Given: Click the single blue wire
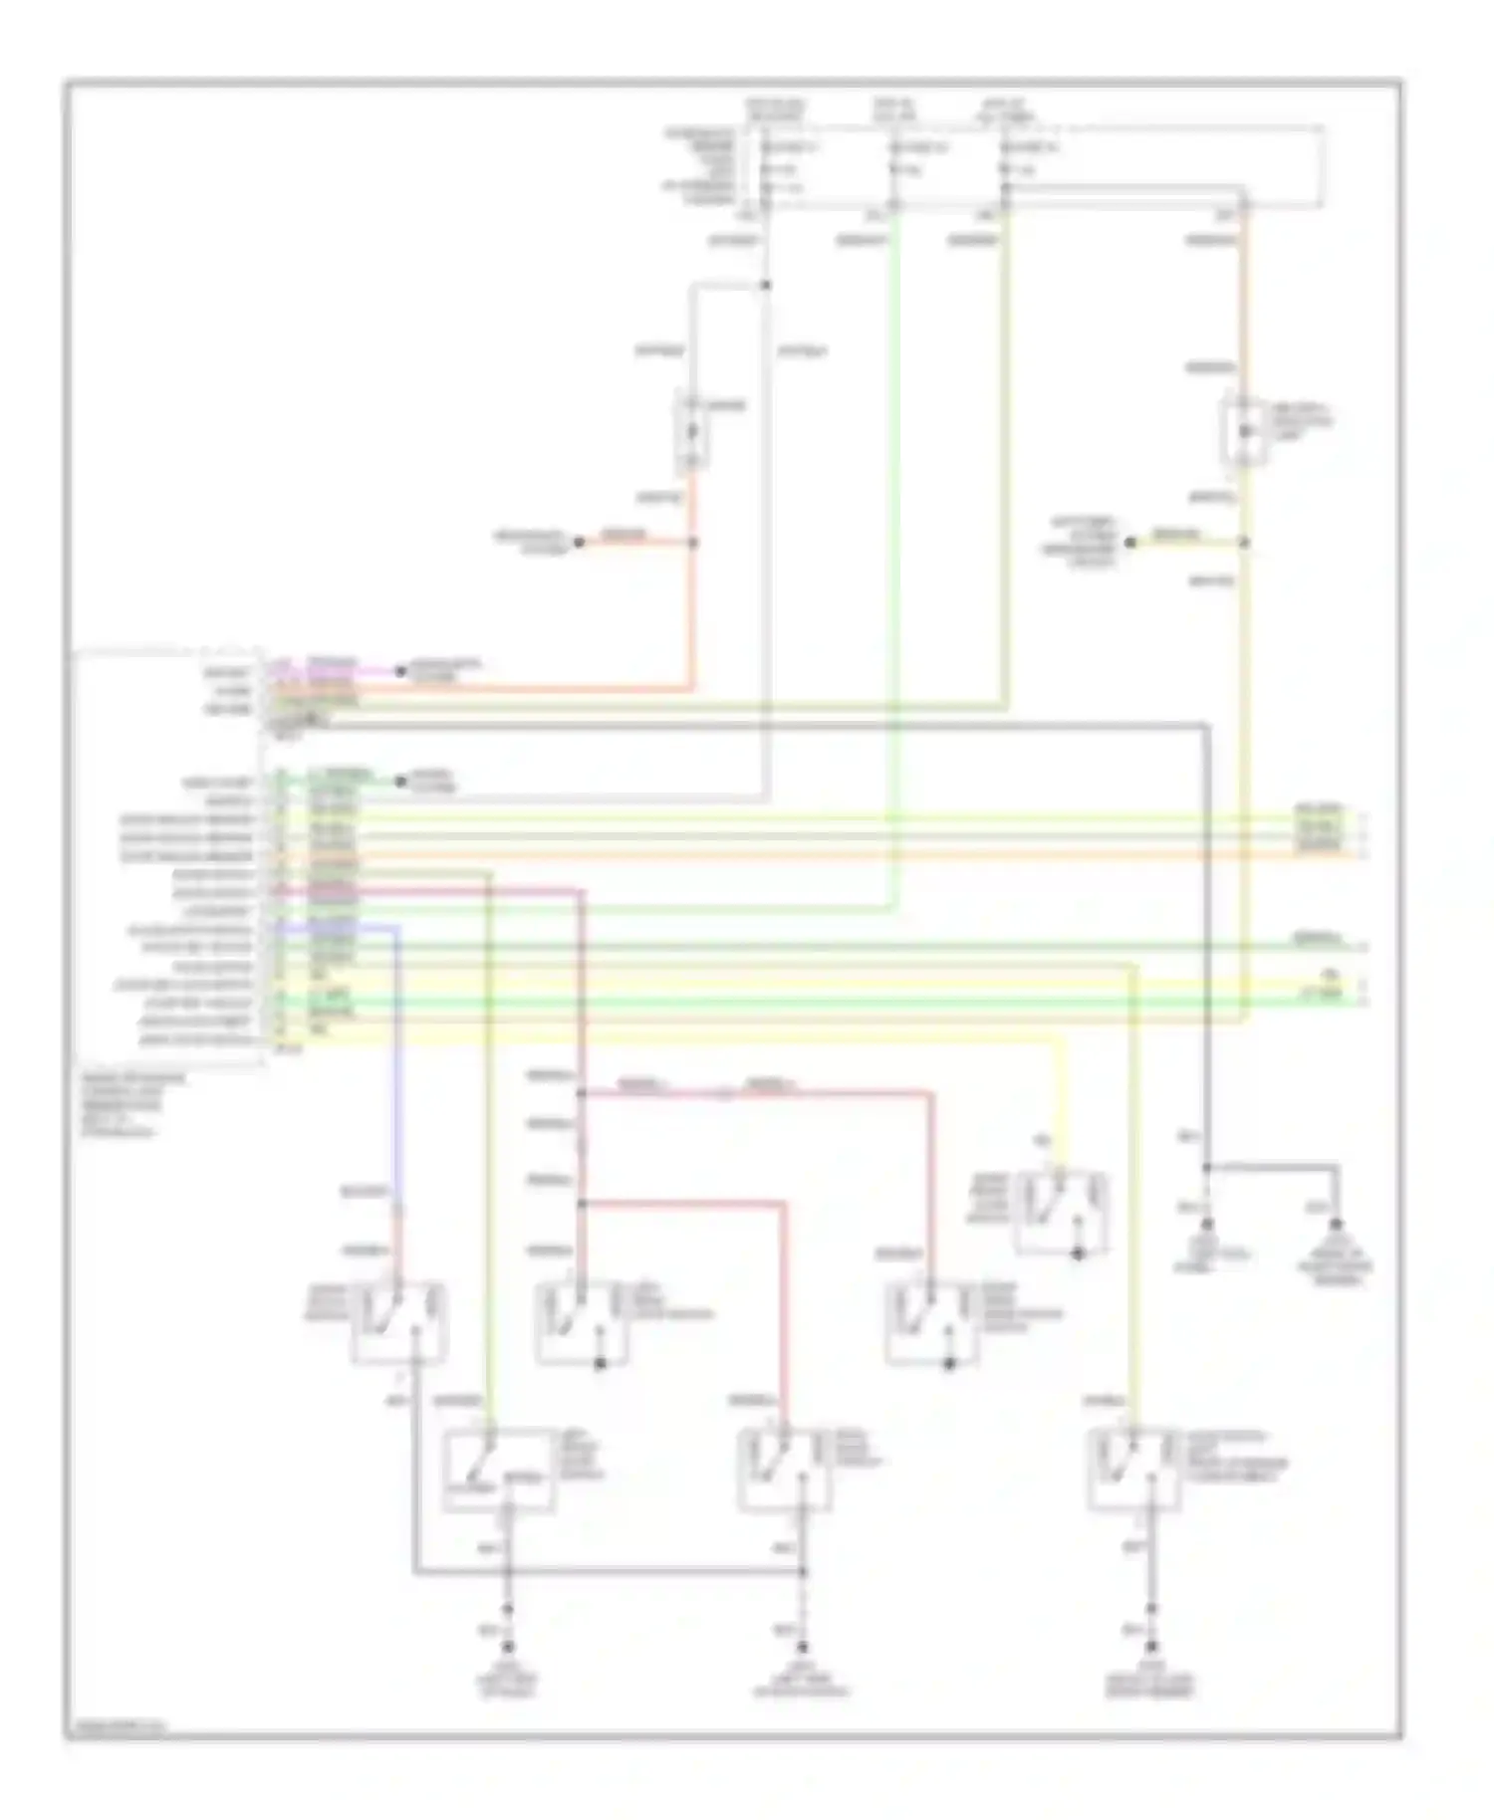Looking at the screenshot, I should (x=398, y=1055).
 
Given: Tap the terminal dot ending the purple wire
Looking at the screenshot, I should (x=400, y=671).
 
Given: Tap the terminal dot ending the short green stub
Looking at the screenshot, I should (x=400, y=782).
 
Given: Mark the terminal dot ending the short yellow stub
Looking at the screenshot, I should (x=1130, y=543).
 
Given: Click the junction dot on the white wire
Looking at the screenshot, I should (x=765, y=286).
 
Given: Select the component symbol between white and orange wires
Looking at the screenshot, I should (x=693, y=432).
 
